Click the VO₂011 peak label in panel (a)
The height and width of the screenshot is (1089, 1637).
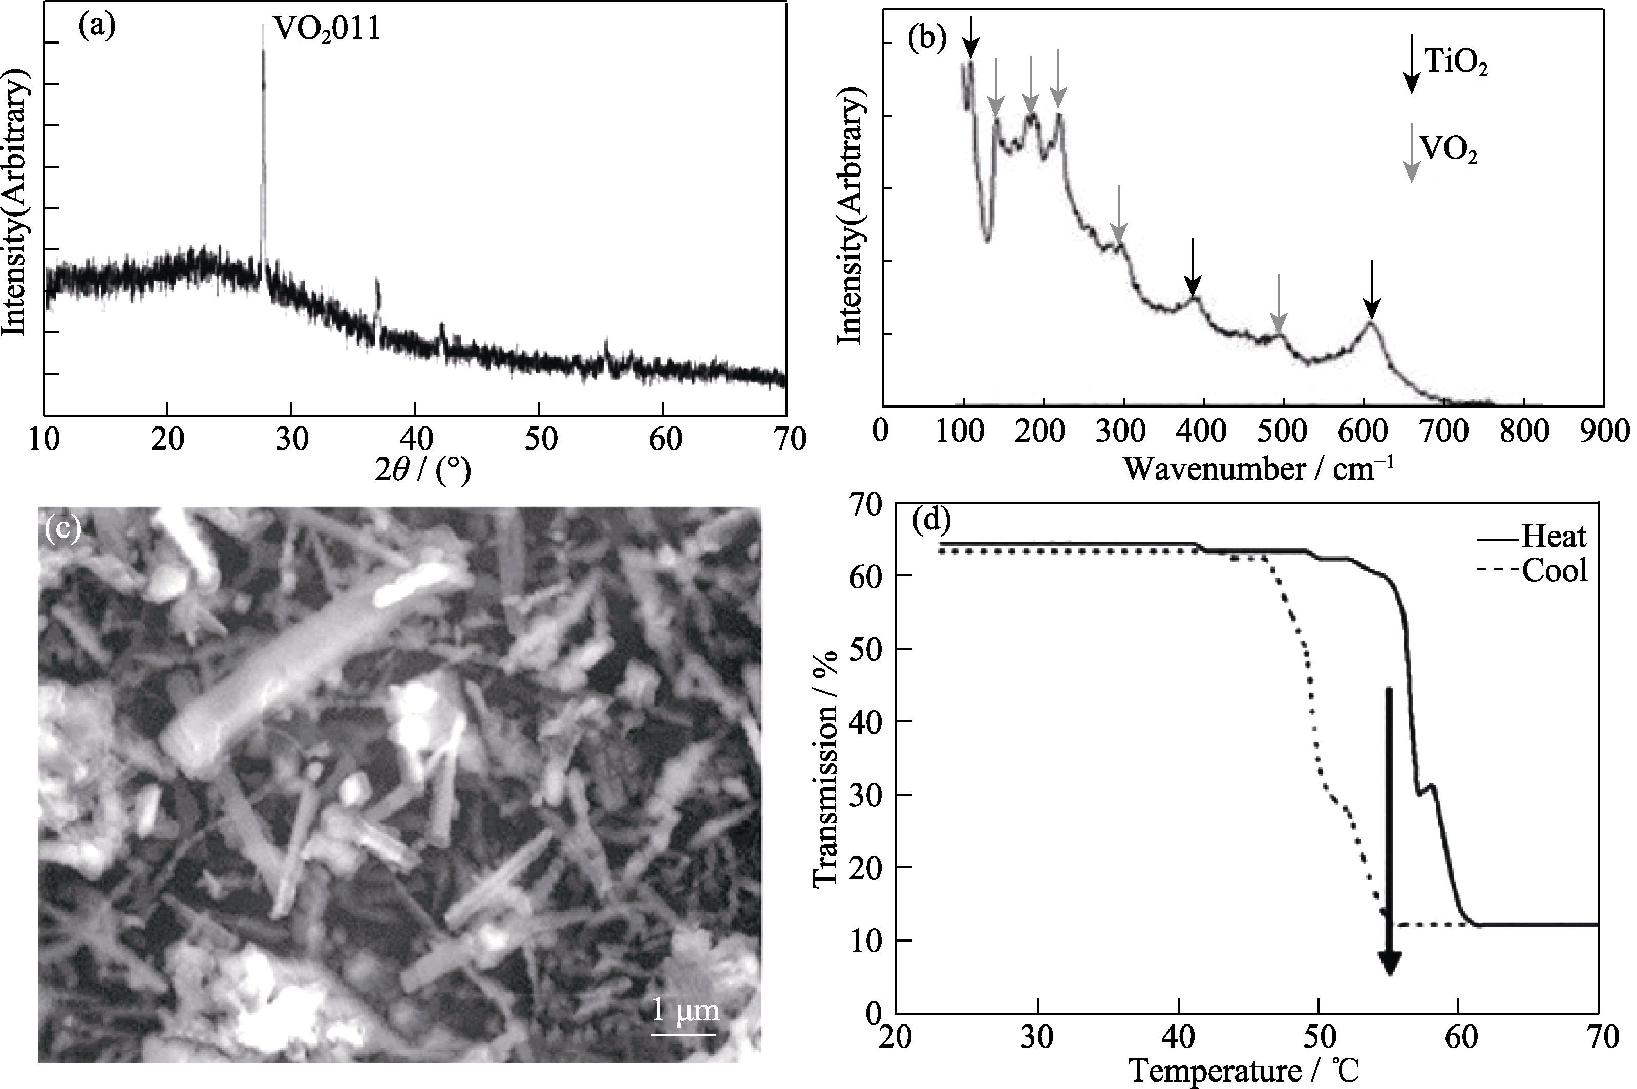point(327,29)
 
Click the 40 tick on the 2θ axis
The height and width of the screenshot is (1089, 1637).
point(415,439)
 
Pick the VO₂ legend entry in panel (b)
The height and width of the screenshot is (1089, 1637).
point(1448,150)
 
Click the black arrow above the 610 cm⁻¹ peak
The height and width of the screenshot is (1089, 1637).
point(1371,291)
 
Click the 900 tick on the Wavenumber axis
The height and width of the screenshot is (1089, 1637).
point(1604,432)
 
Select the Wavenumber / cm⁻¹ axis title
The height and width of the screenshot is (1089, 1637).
point(1258,470)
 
